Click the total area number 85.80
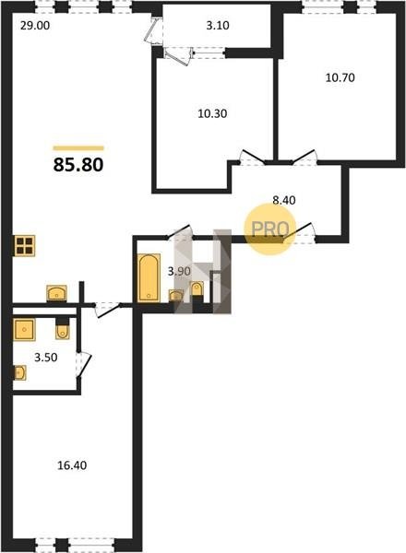78,165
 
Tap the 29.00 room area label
35,26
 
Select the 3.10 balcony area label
218,26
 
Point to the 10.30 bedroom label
212,113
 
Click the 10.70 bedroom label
340,77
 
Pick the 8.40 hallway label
284,200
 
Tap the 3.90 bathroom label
179,271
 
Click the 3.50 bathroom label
46,358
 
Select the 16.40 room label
72,465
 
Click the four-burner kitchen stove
25,245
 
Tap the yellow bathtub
149,278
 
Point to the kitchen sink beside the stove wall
57,293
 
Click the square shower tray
24,330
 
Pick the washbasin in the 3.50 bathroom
19,372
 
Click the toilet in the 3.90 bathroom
197,291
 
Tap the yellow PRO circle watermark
269,229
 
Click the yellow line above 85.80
78,148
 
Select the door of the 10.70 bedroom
304,157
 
